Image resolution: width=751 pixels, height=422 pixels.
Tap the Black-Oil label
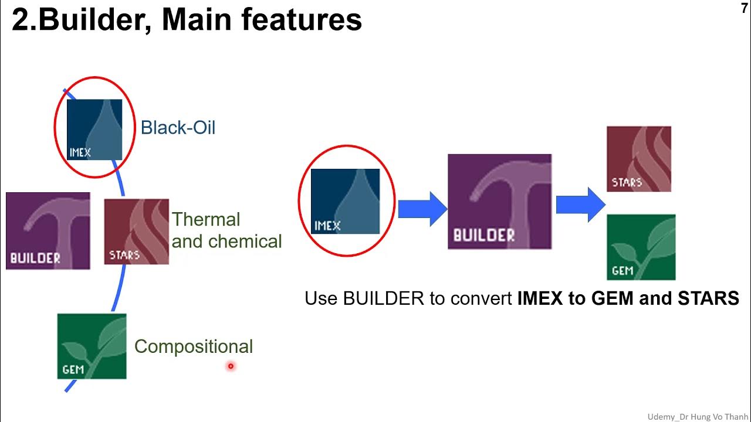[x=178, y=128]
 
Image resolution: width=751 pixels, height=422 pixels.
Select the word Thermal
[x=206, y=220]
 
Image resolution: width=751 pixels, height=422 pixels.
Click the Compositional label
[x=194, y=346]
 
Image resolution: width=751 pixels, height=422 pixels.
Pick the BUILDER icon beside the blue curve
[x=48, y=231]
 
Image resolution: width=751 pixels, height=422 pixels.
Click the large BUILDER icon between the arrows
[x=499, y=202]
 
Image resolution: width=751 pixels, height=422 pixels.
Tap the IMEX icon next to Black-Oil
[x=94, y=130]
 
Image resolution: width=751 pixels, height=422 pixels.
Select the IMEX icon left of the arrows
[x=345, y=201]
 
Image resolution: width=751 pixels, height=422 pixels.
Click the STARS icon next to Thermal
[x=136, y=232]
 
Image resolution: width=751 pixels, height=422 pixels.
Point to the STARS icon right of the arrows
[x=638, y=159]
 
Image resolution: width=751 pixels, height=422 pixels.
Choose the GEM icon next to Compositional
[x=92, y=346]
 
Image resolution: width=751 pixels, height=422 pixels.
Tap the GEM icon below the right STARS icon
[x=641, y=247]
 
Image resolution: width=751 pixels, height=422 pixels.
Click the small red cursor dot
[x=231, y=366]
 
